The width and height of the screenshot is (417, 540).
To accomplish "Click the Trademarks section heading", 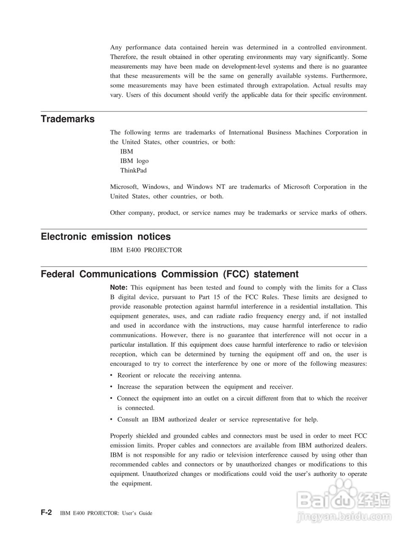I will (x=67, y=119).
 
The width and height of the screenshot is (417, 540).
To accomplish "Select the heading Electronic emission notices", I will (x=105, y=237).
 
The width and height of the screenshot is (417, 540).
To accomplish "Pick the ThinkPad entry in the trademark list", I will (x=133, y=170).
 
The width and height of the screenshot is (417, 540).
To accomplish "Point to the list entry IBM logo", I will (x=134, y=161).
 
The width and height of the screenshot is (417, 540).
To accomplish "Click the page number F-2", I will (x=46, y=513).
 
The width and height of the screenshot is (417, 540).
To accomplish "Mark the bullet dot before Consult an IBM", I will (x=111, y=420).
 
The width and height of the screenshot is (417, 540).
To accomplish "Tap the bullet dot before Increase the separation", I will (x=111, y=387).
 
